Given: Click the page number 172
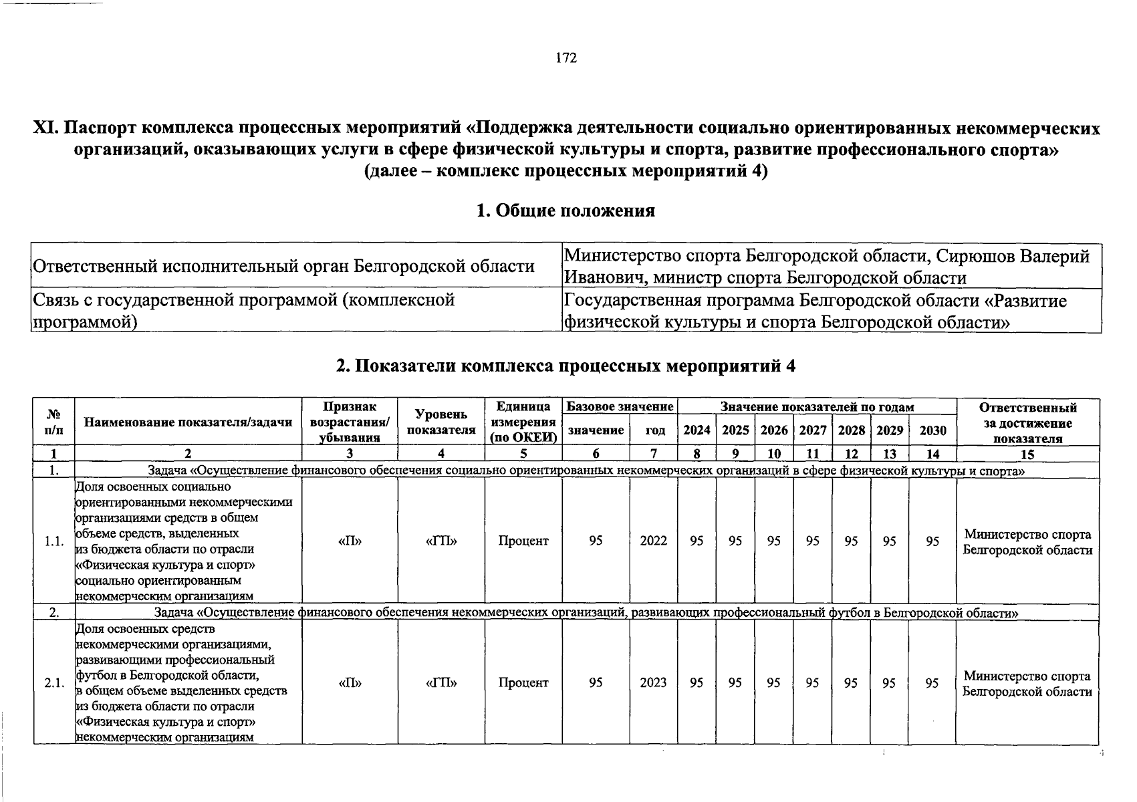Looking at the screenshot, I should point(565,58).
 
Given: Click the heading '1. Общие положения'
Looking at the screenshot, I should point(565,211).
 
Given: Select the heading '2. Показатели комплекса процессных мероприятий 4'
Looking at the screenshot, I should point(565,366).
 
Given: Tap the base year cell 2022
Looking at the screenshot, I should point(653,541).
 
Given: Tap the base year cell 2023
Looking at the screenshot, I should point(653,682).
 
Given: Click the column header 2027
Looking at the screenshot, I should point(812,430).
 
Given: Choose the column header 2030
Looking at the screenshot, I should point(932,430).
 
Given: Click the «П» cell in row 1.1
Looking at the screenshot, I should point(350,541).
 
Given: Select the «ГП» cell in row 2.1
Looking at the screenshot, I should point(441,682).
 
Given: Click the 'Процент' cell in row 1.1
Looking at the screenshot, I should point(523,541).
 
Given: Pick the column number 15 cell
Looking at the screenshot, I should point(1027,454).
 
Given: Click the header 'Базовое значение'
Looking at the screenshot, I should point(620,407).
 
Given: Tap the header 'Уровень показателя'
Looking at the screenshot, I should point(441,422).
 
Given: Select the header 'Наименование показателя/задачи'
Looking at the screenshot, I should point(188,422).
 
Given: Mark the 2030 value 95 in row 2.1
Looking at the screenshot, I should point(932,682).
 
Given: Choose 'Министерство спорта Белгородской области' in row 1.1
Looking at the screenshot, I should point(1027,542).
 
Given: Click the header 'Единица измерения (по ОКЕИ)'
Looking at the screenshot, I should point(523,422).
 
